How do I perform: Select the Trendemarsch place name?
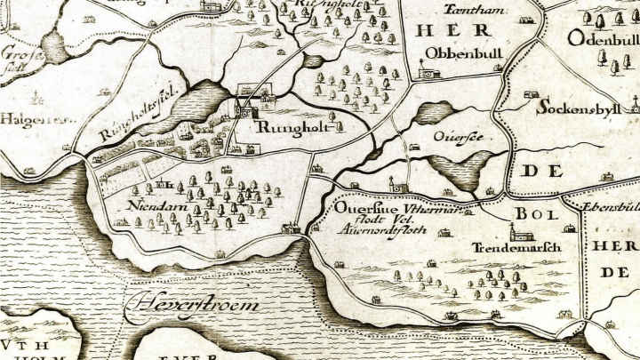click(x=516, y=248)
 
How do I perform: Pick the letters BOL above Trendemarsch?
click(x=532, y=214)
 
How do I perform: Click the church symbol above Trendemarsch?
click(x=525, y=235)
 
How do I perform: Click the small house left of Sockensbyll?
click(x=530, y=94)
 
